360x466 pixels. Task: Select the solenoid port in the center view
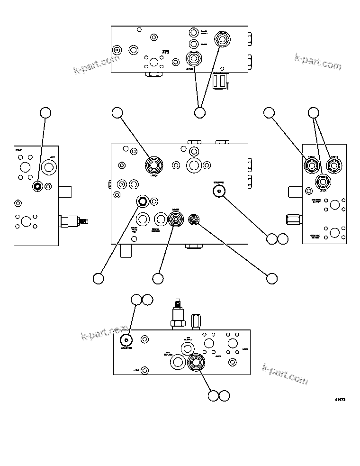click(x=218, y=190)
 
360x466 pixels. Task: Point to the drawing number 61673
click(x=340, y=400)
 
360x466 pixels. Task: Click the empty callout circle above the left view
click(x=45, y=112)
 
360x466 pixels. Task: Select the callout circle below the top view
click(x=200, y=112)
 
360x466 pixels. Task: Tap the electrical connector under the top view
click(x=222, y=81)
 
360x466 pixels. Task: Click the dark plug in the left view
click(x=37, y=186)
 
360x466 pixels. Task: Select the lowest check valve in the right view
click(x=323, y=181)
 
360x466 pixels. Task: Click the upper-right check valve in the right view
click(x=334, y=164)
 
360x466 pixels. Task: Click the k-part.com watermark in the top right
click(x=317, y=62)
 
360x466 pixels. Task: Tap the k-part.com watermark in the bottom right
click(x=285, y=374)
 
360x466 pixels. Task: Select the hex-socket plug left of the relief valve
click(x=142, y=202)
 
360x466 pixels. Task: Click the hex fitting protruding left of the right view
click(x=293, y=219)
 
